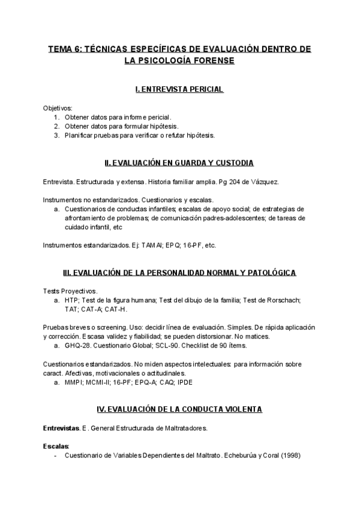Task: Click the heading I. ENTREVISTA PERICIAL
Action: click(179, 89)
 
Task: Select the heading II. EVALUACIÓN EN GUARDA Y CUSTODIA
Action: click(179, 163)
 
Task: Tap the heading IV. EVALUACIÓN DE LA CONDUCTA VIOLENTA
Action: click(179, 409)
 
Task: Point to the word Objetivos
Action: click(57, 107)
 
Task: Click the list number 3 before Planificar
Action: click(55, 135)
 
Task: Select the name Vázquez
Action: click(263, 181)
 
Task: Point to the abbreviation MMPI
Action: click(75, 382)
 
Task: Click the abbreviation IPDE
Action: click(203, 382)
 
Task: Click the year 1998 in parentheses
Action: click(290, 456)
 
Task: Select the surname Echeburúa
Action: click(239, 456)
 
